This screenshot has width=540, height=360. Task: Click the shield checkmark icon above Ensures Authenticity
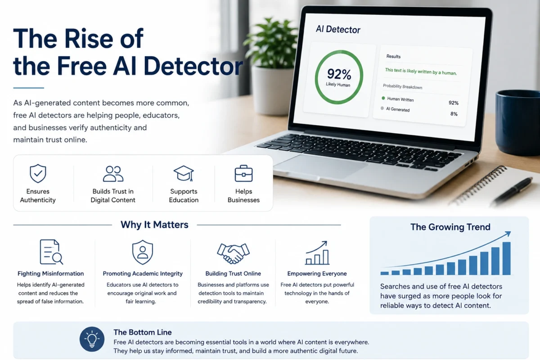38,173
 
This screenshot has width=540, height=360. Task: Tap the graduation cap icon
184,173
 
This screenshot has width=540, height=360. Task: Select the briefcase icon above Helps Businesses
243,173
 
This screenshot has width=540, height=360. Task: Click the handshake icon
233,253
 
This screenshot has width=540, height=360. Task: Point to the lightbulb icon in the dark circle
92,339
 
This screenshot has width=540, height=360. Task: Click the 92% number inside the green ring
339,74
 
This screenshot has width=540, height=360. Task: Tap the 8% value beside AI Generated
454,114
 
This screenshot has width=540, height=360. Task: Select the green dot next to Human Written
383,98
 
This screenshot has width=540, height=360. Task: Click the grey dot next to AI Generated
382,108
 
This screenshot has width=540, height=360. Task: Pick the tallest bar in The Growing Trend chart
507,258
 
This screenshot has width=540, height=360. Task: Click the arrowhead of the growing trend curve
508,234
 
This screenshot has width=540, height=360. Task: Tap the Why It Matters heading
154,225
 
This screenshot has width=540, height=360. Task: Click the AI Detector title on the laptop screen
338,29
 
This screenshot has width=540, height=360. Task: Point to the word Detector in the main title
193,66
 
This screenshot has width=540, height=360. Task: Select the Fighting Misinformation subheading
50,274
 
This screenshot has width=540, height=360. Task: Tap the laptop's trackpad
320,167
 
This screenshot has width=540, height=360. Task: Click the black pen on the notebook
512,190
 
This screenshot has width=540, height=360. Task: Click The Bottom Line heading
143,332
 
